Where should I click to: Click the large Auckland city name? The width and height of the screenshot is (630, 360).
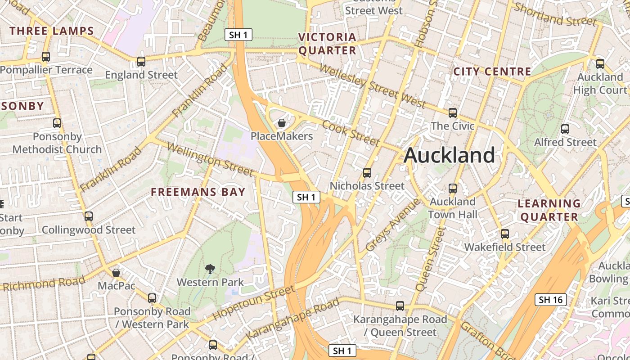449,155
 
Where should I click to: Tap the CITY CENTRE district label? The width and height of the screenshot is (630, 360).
492,72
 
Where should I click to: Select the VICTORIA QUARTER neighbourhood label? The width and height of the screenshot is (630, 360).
327,44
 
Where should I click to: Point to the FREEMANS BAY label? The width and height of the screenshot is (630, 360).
198,192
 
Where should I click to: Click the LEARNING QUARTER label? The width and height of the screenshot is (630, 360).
549,210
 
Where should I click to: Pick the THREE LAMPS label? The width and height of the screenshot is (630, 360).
52,31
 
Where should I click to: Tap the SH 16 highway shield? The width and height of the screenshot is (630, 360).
550,300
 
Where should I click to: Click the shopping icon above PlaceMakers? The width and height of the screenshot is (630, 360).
282,123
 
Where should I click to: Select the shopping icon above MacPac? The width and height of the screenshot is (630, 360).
116,272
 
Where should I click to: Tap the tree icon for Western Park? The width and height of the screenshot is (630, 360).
210,269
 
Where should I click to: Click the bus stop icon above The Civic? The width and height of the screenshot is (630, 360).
453,113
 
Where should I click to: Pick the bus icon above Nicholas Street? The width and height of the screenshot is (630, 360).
367,173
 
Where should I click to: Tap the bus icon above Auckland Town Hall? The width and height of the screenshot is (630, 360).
453,189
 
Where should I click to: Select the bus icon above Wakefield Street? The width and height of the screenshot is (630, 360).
505,234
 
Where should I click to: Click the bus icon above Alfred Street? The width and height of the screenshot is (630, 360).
565,129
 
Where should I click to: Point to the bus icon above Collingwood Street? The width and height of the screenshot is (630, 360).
89,216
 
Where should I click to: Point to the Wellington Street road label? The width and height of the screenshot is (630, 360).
210,159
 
